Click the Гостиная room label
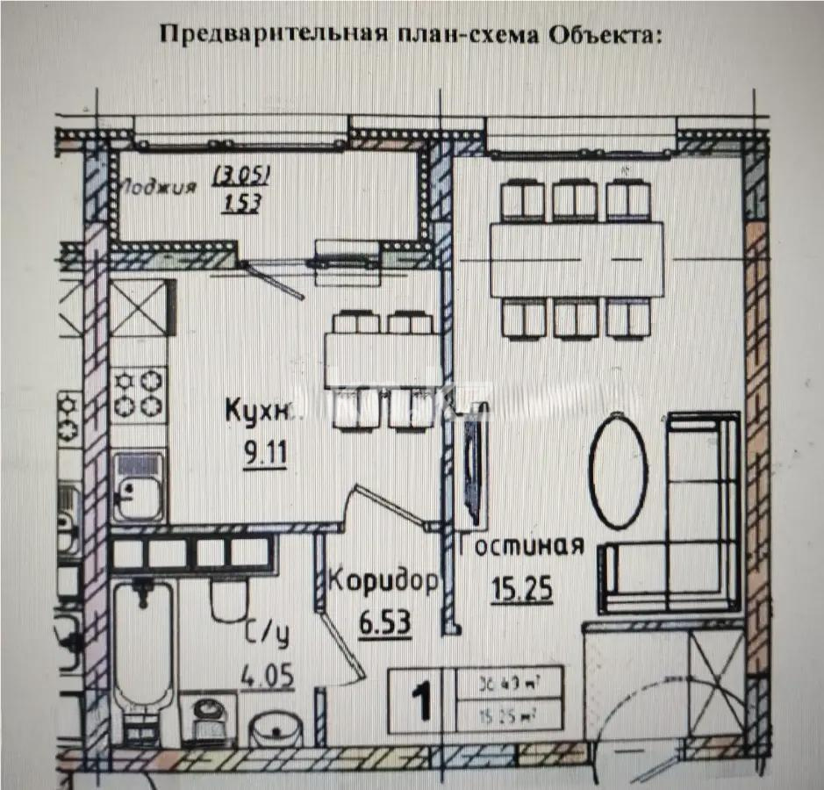pos(521,545)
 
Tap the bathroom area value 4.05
pos(267,678)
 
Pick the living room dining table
pos(577,260)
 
